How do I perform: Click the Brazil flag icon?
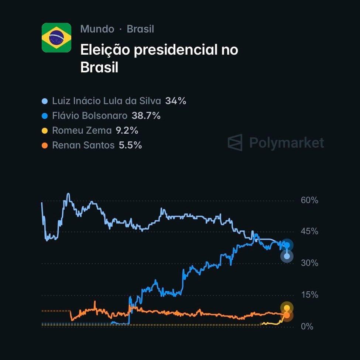point(56,38)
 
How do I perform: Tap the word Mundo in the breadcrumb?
point(97,29)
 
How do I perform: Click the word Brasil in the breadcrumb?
point(140,29)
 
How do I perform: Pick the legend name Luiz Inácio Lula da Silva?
point(106,101)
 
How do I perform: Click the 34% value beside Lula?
point(176,101)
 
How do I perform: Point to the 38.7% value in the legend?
point(146,116)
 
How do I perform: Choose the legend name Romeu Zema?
point(82,131)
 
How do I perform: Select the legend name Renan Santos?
point(83,145)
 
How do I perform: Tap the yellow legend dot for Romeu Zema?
point(45,131)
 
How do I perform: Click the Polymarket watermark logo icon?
point(235,143)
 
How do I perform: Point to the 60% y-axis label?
point(309,200)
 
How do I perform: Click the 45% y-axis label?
point(309,232)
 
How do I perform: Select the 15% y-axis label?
point(309,295)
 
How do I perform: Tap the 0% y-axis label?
point(307,327)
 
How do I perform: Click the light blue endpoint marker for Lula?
point(287,256)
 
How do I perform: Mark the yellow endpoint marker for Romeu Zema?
point(287,308)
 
